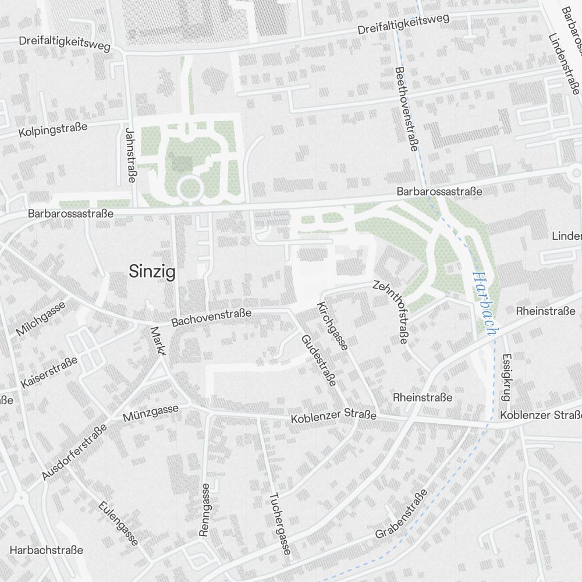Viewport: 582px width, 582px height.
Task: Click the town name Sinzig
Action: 152,272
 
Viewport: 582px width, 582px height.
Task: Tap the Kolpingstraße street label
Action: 52,129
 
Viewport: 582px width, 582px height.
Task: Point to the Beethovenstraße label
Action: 406,109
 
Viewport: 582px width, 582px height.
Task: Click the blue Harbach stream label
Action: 484,304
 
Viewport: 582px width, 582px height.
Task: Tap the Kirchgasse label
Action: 332,326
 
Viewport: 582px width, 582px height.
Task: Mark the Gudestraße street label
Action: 318,360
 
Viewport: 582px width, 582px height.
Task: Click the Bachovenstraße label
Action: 211,317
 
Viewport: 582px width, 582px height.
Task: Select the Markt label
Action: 158,340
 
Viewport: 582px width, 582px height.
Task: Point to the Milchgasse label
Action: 41,320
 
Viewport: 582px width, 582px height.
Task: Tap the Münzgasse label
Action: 151,413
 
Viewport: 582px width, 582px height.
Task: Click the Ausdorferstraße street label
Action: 74,452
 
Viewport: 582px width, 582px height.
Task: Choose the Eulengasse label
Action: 119,523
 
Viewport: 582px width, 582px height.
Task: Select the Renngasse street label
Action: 204,509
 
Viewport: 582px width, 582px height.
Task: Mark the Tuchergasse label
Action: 279,524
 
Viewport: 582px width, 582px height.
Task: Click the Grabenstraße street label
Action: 401,513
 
